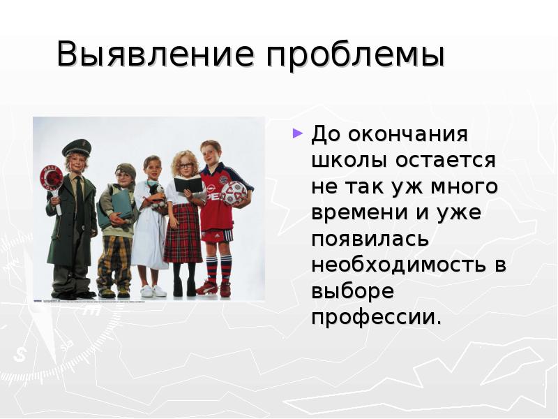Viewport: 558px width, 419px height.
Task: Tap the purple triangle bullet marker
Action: tap(298, 132)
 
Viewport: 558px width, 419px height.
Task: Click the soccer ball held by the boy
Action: tap(234, 193)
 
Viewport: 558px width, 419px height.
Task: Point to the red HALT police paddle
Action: tap(51, 178)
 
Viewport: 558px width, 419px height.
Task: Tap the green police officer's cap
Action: tap(76, 147)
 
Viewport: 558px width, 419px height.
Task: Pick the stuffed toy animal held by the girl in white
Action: tap(156, 193)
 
